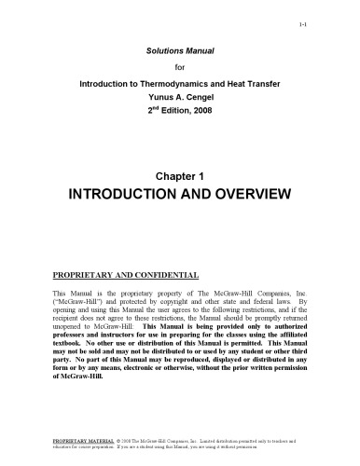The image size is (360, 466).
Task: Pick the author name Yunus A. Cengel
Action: (179, 96)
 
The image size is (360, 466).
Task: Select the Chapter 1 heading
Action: (179, 173)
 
